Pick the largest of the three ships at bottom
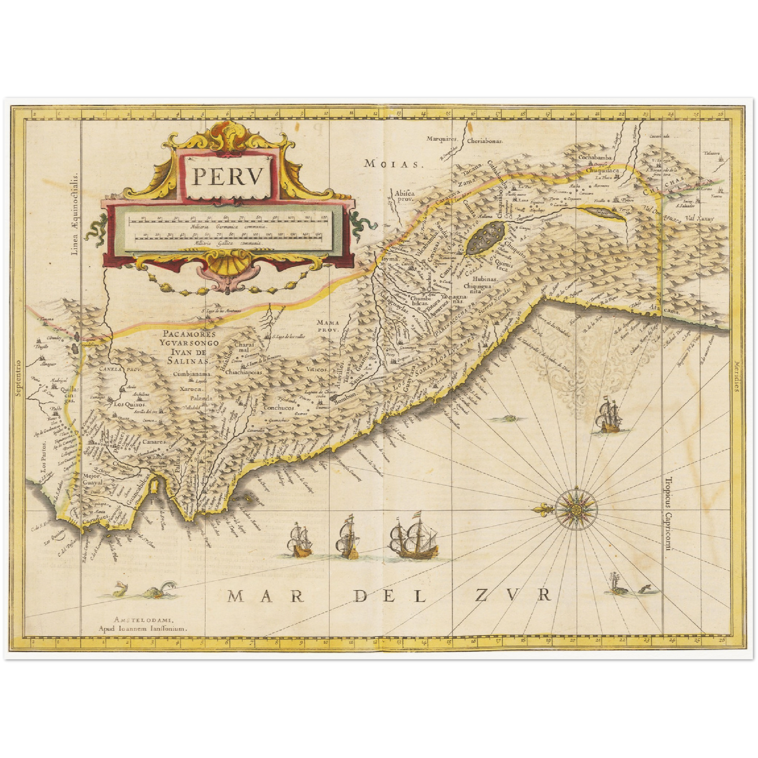413,536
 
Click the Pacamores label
186,334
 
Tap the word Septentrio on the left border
18,379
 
